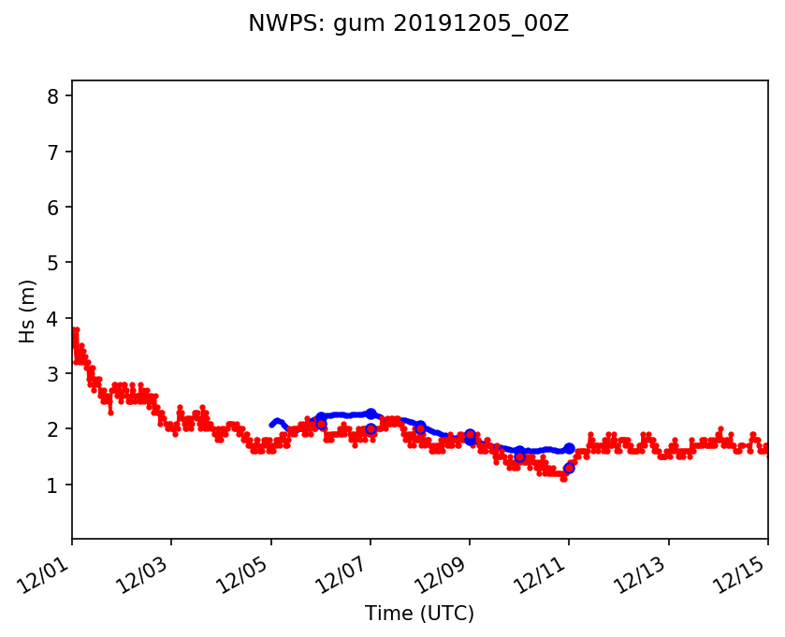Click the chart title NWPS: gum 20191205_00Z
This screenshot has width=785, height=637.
(x=408, y=24)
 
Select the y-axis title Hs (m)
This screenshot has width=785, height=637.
(x=28, y=311)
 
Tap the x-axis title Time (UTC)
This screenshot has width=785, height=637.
(x=419, y=614)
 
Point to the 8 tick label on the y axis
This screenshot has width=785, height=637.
(x=53, y=96)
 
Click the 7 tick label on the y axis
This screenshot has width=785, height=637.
(x=53, y=152)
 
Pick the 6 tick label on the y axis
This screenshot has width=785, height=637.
(x=53, y=207)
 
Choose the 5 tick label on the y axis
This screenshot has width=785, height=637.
(x=53, y=263)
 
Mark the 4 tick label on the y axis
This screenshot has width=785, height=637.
(x=53, y=318)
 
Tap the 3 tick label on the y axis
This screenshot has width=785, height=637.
(x=53, y=374)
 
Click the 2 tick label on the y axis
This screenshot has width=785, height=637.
(x=53, y=429)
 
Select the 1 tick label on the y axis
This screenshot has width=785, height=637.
(x=53, y=485)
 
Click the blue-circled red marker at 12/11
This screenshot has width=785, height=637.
(x=569, y=468)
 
